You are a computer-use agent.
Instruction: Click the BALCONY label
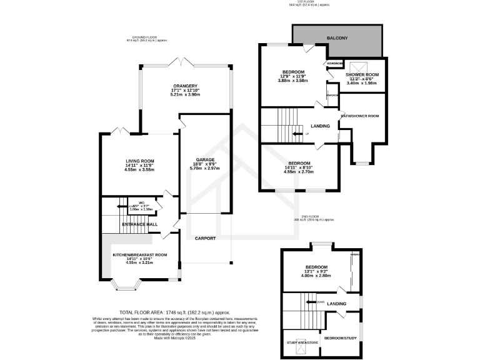pos(337,39)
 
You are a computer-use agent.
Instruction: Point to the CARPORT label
pos(205,239)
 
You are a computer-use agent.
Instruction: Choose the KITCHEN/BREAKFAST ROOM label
pos(140,255)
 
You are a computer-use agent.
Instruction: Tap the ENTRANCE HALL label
pos(139,224)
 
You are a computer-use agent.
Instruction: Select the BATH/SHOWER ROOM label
pos(359,116)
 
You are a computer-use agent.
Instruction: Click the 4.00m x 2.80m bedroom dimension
pos(317,277)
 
